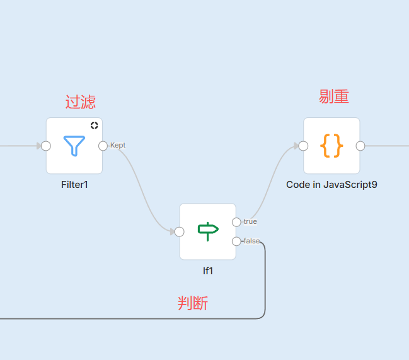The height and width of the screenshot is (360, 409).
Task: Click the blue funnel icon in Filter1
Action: pyautogui.click(x=74, y=146)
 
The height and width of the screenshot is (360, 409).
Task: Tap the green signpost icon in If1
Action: pyautogui.click(x=207, y=231)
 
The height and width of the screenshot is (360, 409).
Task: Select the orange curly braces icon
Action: pyautogui.click(x=331, y=146)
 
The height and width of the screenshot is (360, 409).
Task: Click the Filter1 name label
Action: pyautogui.click(x=74, y=185)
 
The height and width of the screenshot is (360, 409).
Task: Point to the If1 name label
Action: pyautogui.click(x=207, y=270)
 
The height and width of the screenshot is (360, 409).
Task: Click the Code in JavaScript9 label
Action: pyautogui.click(x=331, y=185)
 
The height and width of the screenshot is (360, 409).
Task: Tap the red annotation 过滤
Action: pyautogui.click(x=81, y=102)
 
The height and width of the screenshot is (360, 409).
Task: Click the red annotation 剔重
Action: pyautogui.click(x=334, y=96)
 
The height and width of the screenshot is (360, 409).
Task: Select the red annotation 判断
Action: pyautogui.click(x=193, y=304)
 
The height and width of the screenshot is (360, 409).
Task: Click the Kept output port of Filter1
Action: pyautogui.click(x=103, y=146)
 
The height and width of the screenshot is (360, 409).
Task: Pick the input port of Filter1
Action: pyautogui.click(x=45, y=146)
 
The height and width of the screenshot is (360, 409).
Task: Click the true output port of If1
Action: pyautogui.click(x=236, y=222)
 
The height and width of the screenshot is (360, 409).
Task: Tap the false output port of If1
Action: pyautogui.click(x=236, y=241)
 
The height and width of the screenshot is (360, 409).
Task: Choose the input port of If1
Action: pyautogui.click(x=180, y=231)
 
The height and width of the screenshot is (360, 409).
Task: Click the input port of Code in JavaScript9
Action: pyautogui.click(x=303, y=146)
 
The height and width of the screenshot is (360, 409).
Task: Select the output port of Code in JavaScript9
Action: pyautogui.click(x=360, y=146)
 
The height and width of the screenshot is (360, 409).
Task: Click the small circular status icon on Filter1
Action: pyautogui.click(x=94, y=125)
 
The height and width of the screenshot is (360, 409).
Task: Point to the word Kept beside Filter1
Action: pyautogui.click(x=118, y=145)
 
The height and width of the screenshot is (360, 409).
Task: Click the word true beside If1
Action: pyautogui.click(x=250, y=222)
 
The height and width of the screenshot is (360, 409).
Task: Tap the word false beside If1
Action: pyautogui.click(x=251, y=241)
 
